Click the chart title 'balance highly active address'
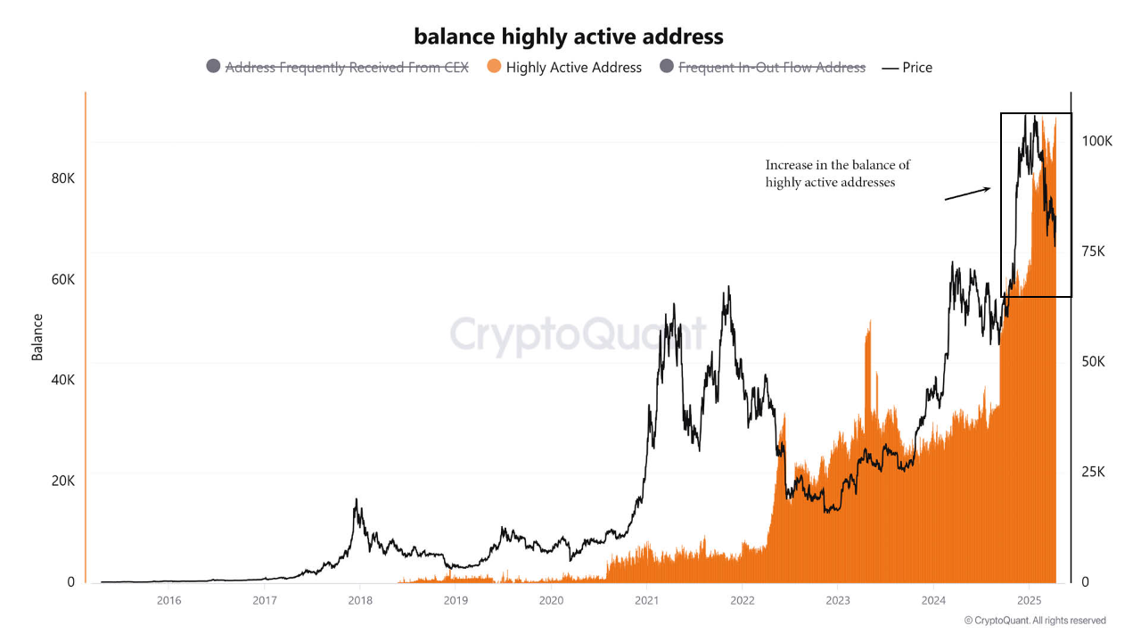click(569, 37)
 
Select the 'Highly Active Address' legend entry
click(563, 68)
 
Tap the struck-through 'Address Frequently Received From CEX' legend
click(337, 68)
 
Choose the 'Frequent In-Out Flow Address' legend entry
click(762, 68)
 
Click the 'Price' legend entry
click(907, 68)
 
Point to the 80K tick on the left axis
click(63, 178)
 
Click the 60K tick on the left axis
click(63, 279)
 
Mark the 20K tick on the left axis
click(63, 481)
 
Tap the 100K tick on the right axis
click(1096, 142)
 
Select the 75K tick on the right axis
click(1092, 252)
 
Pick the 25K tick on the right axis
click(1092, 472)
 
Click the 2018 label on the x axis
click(360, 600)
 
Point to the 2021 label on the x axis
click(646, 600)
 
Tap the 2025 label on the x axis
click(1029, 600)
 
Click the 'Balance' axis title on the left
click(37, 337)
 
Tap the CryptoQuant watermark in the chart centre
click(578, 335)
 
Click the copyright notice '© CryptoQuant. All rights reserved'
click(1034, 621)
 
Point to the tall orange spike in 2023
click(867, 357)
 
